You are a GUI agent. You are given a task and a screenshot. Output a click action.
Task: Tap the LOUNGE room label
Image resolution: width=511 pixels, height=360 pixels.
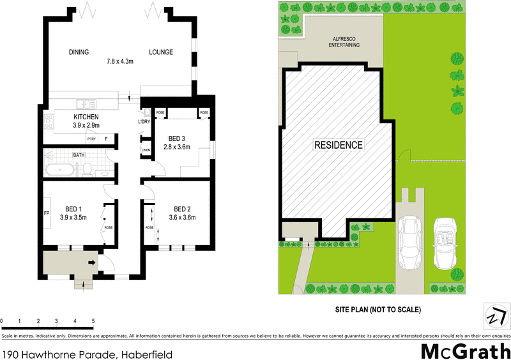tap(161, 52)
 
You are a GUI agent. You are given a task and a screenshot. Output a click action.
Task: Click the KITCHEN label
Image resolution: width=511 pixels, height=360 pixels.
tap(86, 117)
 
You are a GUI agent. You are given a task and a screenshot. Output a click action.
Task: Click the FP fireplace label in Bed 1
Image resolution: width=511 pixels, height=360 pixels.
tap(47, 213)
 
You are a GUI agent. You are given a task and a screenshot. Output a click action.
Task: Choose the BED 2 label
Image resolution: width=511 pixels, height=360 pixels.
tap(183, 209)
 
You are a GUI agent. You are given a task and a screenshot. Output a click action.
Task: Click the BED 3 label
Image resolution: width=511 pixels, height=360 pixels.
tap(177, 139)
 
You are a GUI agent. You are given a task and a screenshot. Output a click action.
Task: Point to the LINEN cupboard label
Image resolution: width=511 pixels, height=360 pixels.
tap(146, 151)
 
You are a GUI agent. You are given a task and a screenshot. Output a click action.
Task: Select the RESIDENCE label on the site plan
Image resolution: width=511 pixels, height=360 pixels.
tap(338, 146)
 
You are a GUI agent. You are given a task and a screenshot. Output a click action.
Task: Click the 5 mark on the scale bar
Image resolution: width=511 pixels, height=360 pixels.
tap(93, 321)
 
